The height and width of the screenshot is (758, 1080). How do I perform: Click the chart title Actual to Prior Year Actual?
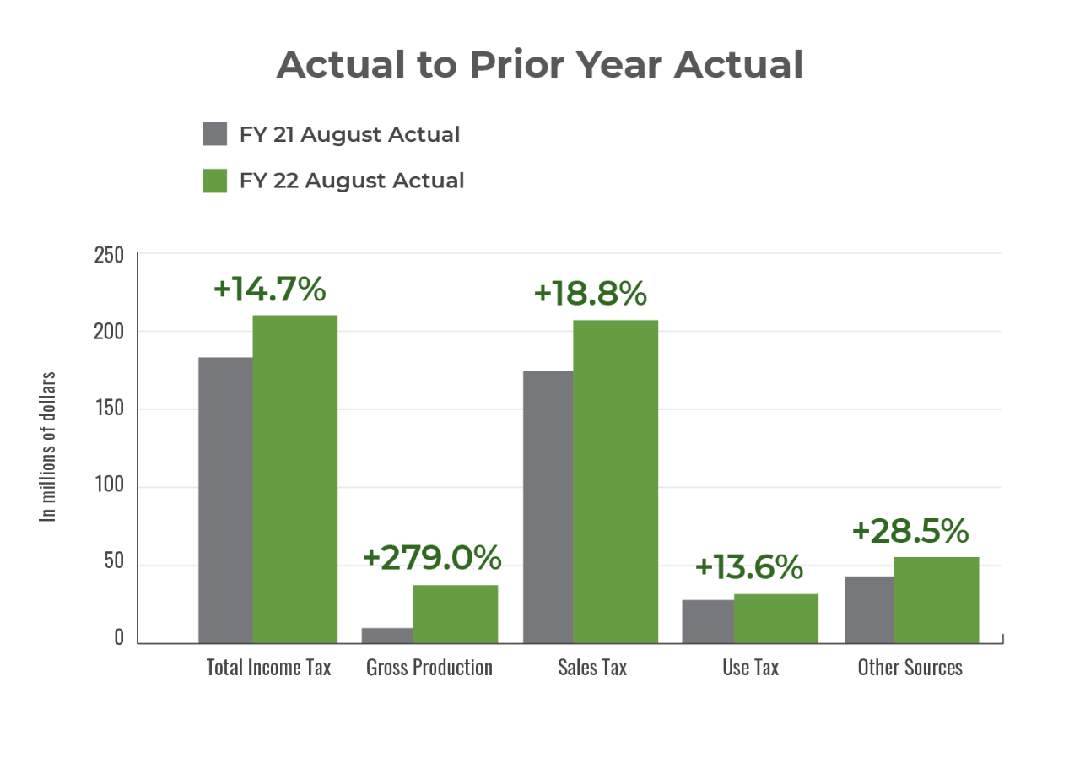[540, 65]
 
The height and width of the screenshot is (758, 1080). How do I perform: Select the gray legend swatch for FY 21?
[215, 134]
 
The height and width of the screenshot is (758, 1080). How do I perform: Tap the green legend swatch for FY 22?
[215, 180]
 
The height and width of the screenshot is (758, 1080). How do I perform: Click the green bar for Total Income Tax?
[295, 478]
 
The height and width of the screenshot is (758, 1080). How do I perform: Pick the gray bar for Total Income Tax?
[224, 500]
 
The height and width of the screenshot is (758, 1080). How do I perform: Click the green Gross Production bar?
[456, 614]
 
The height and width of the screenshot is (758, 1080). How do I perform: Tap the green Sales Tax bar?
[616, 480]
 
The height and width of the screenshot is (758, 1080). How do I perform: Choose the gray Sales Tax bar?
[547, 506]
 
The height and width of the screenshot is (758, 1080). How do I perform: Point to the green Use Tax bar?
[776, 618]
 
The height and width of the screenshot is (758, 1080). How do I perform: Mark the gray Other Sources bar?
[868, 609]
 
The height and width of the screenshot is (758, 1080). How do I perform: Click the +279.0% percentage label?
[432, 558]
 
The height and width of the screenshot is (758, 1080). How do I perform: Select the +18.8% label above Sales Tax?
[591, 294]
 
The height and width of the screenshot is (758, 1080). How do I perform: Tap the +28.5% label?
[910, 531]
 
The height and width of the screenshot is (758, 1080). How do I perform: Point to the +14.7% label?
[270, 290]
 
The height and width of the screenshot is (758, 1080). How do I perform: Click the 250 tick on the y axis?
[108, 254]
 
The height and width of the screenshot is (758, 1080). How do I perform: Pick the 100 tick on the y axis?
[108, 487]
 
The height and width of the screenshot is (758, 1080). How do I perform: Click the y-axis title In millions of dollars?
[50, 446]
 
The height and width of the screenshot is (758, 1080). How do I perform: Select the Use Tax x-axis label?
[750, 667]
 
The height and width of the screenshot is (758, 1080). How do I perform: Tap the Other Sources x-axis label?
[910, 667]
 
